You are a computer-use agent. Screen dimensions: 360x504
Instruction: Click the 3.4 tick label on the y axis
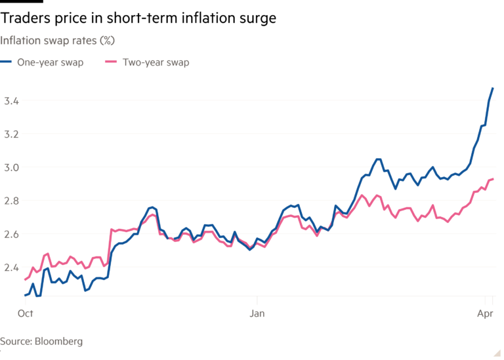(x=10, y=101)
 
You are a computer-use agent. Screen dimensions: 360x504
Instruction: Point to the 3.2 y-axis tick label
(x=10, y=134)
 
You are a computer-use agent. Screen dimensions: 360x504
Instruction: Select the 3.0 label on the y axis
(x=10, y=168)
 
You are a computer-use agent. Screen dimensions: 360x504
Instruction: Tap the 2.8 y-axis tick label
(x=10, y=201)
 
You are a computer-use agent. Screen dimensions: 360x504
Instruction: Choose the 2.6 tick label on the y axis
(x=10, y=234)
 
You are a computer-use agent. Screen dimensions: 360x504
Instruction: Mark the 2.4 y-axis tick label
(x=10, y=268)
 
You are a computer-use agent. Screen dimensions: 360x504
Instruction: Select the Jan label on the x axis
(x=257, y=315)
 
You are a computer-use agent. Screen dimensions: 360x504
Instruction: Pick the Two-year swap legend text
(x=156, y=63)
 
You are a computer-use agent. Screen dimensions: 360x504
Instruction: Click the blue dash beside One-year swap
(x=7, y=63)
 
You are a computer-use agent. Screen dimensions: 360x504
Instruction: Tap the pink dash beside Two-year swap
(x=112, y=63)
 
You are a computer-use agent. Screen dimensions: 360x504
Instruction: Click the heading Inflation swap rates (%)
(x=58, y=41)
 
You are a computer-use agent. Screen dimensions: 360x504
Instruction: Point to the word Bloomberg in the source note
(x=59, y=342)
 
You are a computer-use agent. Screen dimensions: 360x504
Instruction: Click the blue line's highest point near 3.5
(x=493, y=87)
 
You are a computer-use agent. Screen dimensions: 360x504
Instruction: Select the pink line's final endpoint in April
(x=493, y=178)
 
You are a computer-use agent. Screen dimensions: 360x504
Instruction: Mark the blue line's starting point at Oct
(x=25, y=295)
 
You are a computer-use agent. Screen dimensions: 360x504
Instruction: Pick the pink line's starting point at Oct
(x=25, y=279)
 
